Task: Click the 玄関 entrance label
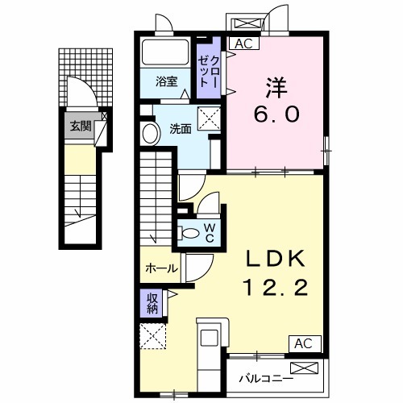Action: point(78,125)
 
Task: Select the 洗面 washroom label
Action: point(181,127)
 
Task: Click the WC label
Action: point(208,232)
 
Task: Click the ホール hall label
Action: point(161,268)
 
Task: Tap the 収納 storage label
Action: point(152,302)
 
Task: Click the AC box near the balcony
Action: point(302,343)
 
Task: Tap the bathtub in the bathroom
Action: point(166,53)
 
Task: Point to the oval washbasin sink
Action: point(149,134)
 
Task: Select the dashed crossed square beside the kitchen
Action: point(152,335)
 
